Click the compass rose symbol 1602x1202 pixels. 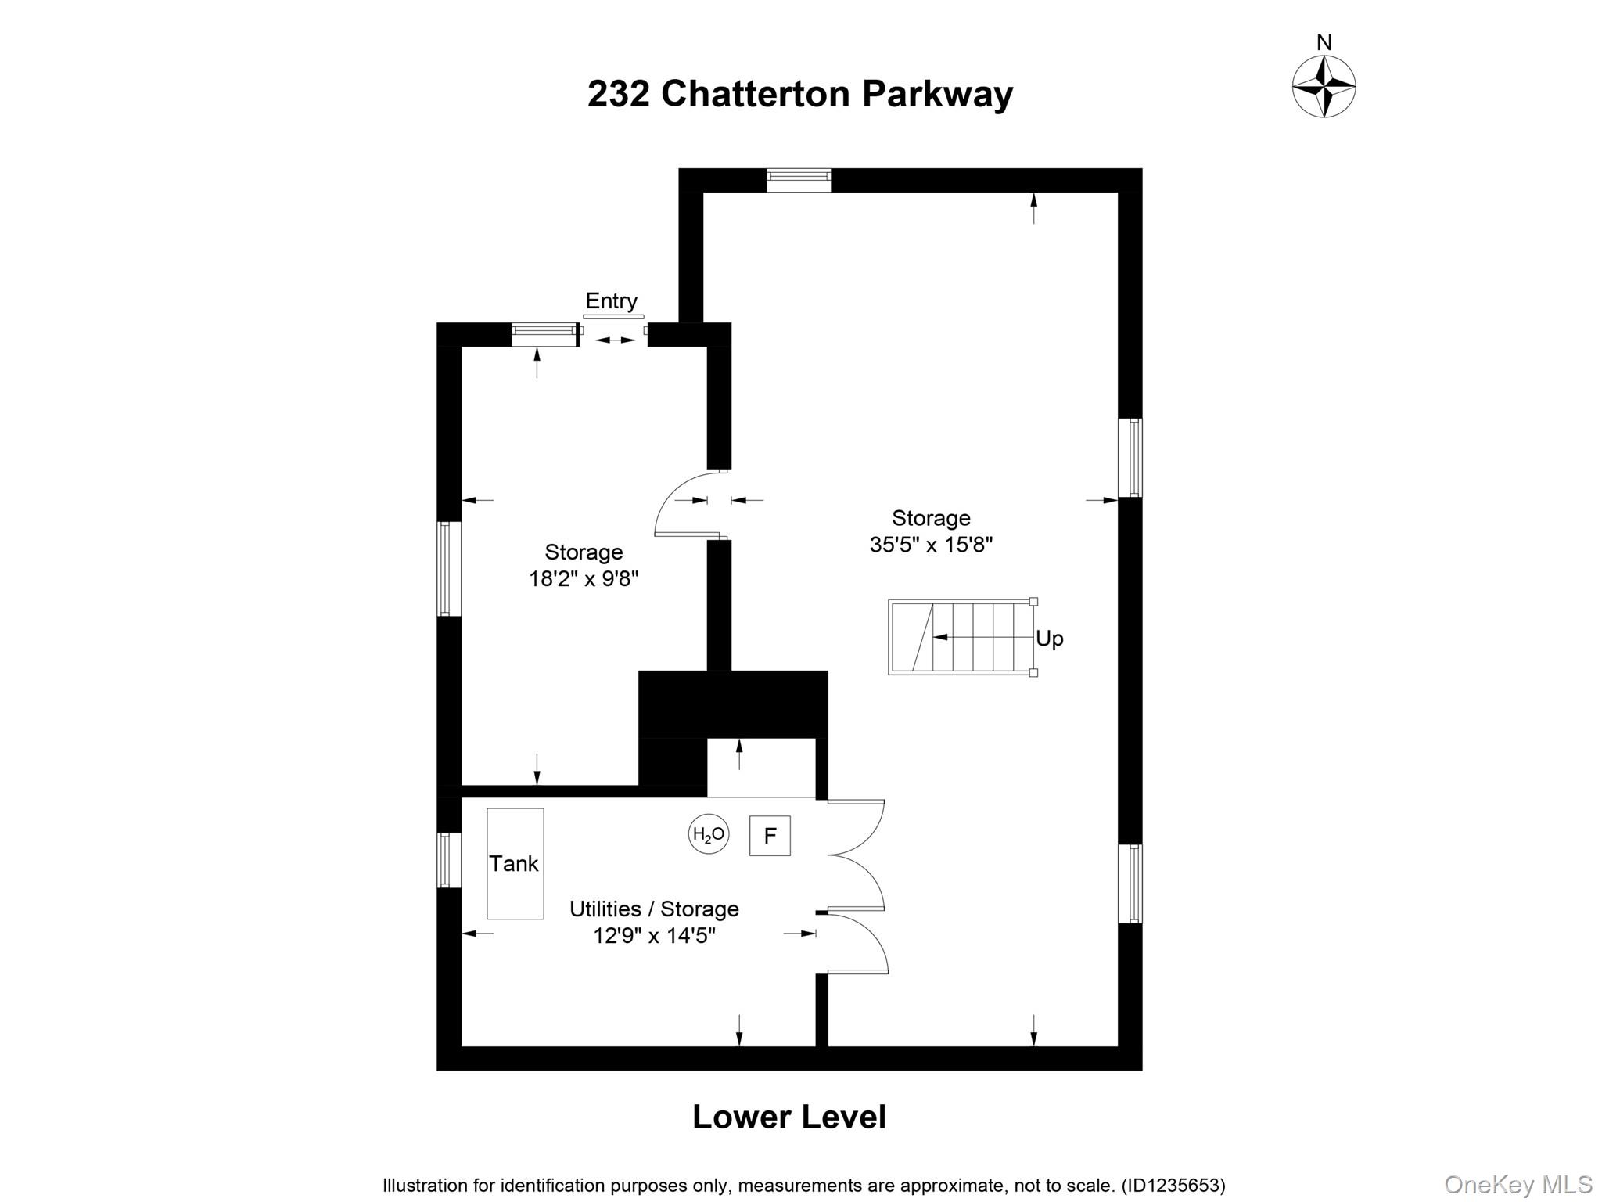point(1324,86)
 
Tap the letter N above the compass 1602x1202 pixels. point(1324,42)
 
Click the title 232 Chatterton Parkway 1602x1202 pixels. point(799,94)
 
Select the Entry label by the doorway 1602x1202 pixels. point(611,300)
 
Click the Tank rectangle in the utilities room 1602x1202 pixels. point(515,863)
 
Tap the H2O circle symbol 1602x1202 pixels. point(709,834)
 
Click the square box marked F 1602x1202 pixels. point(770,836)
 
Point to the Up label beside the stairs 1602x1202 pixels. point(1050,639)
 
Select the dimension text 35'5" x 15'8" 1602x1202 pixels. point(931,545)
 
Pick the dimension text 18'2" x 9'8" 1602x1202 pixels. point(584,579)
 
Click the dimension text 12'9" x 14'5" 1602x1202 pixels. point(654,935)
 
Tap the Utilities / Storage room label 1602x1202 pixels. point(654,909)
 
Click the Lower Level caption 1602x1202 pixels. point(788,1117)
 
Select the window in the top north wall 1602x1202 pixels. point(798,180)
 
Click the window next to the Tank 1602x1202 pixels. point(447,860)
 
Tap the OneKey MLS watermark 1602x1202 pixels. point(1518,1184)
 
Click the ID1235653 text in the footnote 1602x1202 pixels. point(1173,1186)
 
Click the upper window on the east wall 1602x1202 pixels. point(1130,458)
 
